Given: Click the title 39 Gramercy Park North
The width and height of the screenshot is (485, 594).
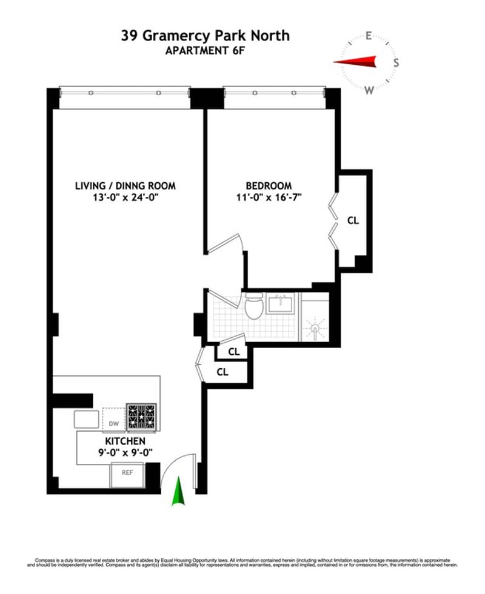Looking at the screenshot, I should click(x=205, y=36).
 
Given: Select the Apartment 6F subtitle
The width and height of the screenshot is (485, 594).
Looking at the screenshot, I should click(x=205, y=50).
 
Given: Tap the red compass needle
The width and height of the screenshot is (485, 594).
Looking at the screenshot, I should click(x=356, y=61).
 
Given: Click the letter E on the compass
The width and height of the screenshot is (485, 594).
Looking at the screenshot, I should click(x=368, y=36).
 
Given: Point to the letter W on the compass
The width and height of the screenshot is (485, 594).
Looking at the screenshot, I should click(x=369, y=90).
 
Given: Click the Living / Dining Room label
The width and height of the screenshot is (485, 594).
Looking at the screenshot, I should click(x=125, y=186).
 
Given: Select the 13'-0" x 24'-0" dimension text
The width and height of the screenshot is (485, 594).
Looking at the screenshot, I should click(x=125, y=197).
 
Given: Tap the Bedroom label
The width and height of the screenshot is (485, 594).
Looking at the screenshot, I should click(x=269, y=186).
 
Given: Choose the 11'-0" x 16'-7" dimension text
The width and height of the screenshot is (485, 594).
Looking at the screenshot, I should click(x=269, y=197).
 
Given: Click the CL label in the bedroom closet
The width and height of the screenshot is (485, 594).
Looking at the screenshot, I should click(x=353, y=221).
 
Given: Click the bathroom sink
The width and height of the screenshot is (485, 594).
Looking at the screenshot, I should click(x=281, y=304).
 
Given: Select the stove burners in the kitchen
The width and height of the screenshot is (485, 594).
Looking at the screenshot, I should click(x=141, y=417).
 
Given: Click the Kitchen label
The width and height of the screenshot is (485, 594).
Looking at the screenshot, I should click(x=124, y=441).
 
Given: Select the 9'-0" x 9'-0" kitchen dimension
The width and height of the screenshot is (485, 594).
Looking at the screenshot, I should click(x=124, y=452).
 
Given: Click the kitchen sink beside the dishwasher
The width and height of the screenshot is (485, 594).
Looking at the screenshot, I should click(x=86, y=419).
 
